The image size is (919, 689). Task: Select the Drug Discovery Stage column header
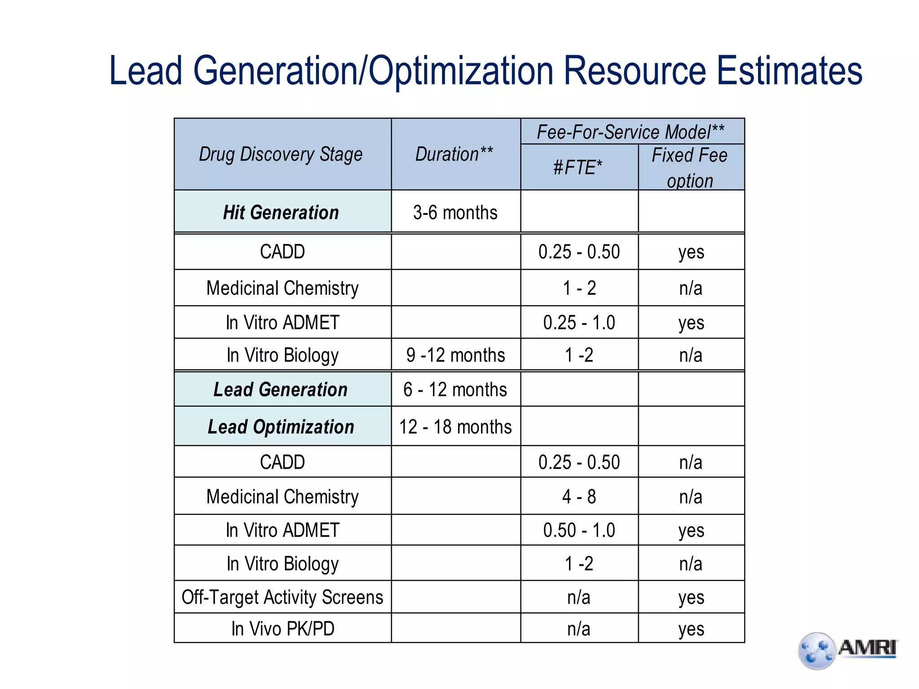[281, 154]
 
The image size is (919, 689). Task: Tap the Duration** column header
[454, 154]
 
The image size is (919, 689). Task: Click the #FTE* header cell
[578, 168]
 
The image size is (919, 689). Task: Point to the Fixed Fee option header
[690, 168]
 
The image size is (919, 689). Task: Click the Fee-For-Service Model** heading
[630, 132]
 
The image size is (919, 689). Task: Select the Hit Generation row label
[281, 213]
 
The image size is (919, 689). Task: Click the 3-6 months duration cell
[455, 213]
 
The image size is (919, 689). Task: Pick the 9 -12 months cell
[455, 355]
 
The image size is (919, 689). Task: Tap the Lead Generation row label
[280, 389]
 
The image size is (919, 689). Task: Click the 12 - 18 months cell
[455, 427]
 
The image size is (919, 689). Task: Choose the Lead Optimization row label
[281, 427]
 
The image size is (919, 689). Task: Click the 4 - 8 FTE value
[579, 497]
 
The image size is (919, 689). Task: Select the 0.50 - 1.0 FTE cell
[579, 530]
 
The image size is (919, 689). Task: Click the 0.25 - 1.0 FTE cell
[579, 323]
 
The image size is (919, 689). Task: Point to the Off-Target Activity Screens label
[282, 597]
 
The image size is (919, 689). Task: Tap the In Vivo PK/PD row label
[282, 628]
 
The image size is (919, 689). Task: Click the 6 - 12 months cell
[455, 389]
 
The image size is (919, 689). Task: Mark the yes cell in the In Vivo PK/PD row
[691, 628]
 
